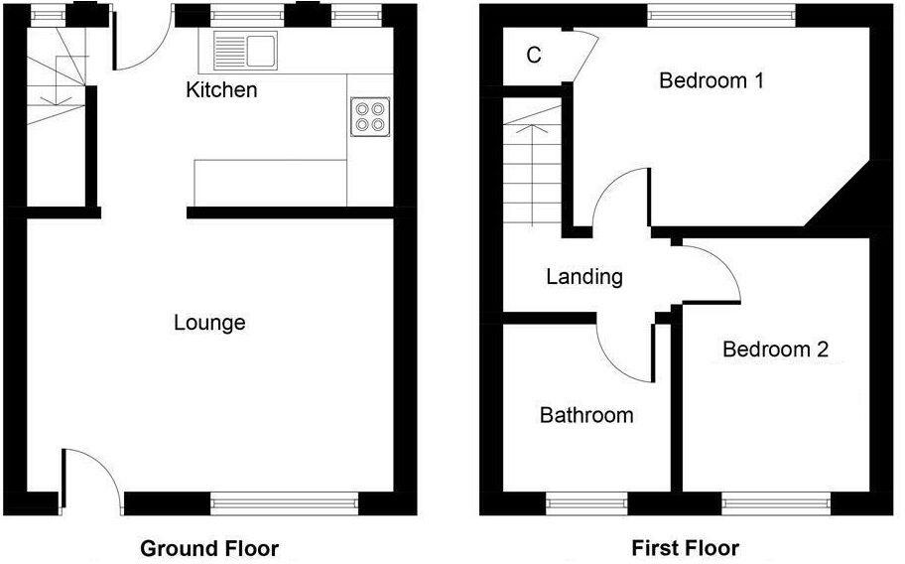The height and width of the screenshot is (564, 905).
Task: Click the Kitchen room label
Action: tap(221, 90)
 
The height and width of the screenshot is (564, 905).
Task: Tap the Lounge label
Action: tap(209, 323)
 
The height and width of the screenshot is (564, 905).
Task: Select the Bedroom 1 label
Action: tap(711, 80)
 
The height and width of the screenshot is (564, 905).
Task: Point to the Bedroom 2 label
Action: tap(775, 350)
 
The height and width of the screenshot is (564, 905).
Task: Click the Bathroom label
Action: tap(586, 415)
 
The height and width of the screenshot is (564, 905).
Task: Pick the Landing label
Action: tap(584, 277)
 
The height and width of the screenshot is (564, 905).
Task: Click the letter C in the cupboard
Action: tap(534, 56)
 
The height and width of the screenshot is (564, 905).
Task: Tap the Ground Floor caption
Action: tap(209, 548)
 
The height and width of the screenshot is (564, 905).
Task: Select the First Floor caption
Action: tap(685, 548)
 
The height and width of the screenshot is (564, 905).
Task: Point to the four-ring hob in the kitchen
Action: tap(370, 117)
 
